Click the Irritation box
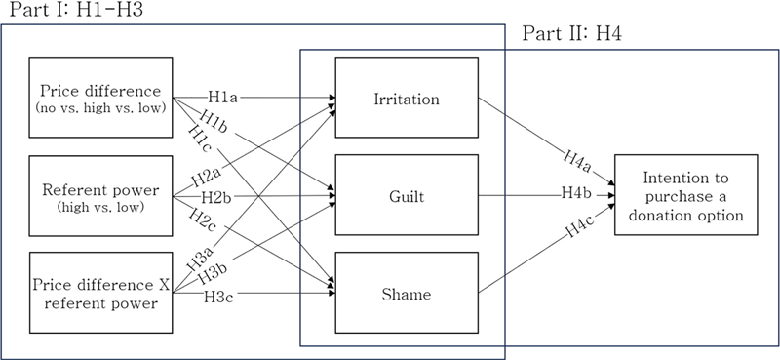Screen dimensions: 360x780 406,99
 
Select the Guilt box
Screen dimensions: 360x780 406,195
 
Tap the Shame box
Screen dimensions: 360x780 406,292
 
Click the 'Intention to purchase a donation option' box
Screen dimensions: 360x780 686,195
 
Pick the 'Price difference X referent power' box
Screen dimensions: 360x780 101,292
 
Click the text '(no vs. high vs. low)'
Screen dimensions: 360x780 101,107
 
